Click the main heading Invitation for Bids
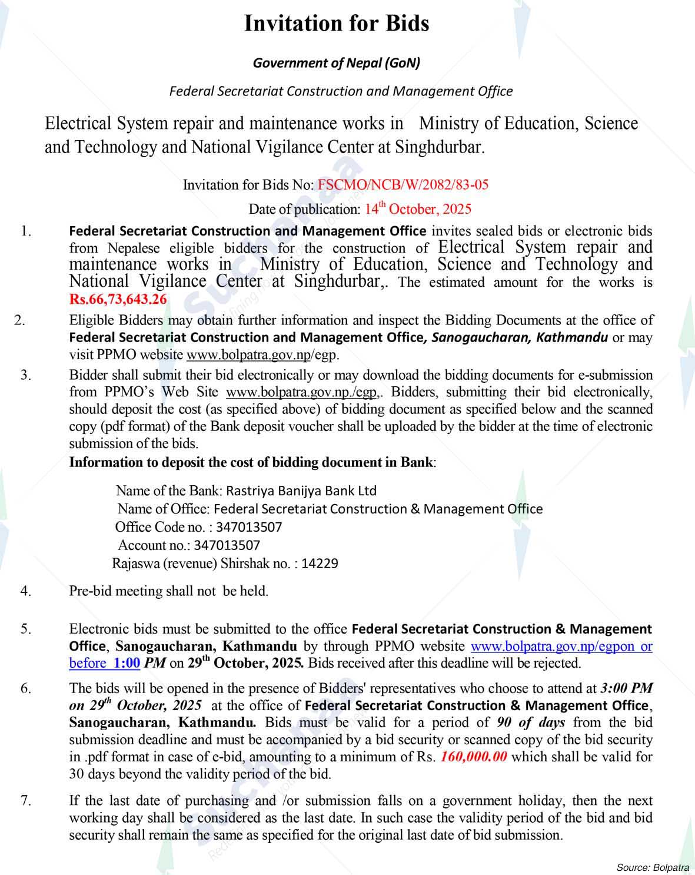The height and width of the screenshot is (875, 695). pyautogui.click(x=336, y=24)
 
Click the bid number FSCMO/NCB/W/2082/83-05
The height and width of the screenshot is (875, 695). pyautogui.click(x=403, y=185)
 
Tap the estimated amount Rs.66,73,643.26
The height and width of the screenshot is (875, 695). pyautogui.click(x=118, y=299)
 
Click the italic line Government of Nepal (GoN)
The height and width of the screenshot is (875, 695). pyautogui.click(x=336, y=63)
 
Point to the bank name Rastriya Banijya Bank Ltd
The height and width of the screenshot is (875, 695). pyautogui.click(x=301, y=490)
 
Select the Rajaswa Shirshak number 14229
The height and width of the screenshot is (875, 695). pyautogui.click(x=320, y=564)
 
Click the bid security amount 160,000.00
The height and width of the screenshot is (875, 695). pyautogui.click(x=474, y=757)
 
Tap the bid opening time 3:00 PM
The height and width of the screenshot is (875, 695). pyautogui.click(x=626, y=688)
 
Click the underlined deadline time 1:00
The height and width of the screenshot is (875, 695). pyautogui.click(x=127, y=663)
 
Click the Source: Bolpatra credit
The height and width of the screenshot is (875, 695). pyautogui.click(x=653, y=867)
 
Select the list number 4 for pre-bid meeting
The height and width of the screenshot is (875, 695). pyautogui.click(x=26, y=591)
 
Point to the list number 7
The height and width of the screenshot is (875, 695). pyautogui.click(x=26, y=800)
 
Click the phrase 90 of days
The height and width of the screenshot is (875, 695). pyautogui.click(x=531, y=722)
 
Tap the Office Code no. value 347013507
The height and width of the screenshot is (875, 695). pyautogui.click(x=249, y=527)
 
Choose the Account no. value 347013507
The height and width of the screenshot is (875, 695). pyautogui.click(x=227, y=545)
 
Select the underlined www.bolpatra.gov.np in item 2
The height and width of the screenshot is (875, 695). pyautogui.click(x=248, y=355)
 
